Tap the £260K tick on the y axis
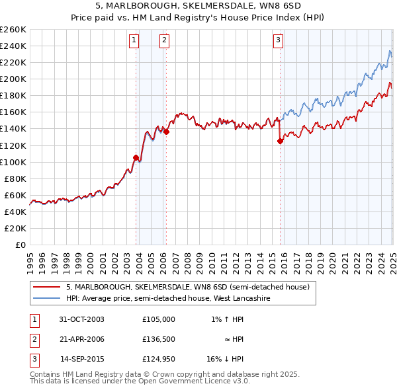tap(13, 29)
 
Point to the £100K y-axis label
tap(13, 162)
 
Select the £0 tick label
tap(21, 245)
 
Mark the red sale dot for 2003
tap(136, 157)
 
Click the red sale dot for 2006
tap(166, 132)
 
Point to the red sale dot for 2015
tap(280, 141)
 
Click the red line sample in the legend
tap(46, 287)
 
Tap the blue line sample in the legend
tap(46, 298)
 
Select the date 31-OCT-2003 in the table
tap(82, 319)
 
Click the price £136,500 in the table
tap(158, 339)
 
